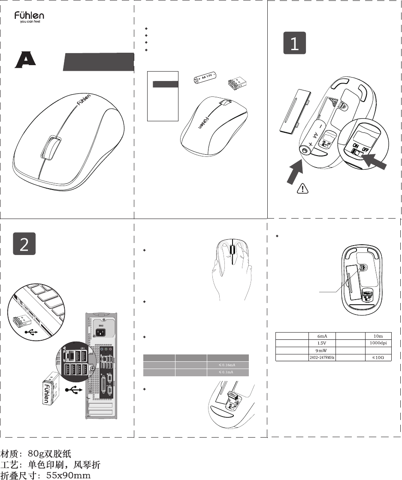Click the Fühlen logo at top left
coord(29,17)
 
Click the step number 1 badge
coord(295,43)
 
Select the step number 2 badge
coord(24,244)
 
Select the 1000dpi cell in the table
coord(378,343)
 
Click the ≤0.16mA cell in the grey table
coord(227,365)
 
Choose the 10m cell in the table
coord(378,336)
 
